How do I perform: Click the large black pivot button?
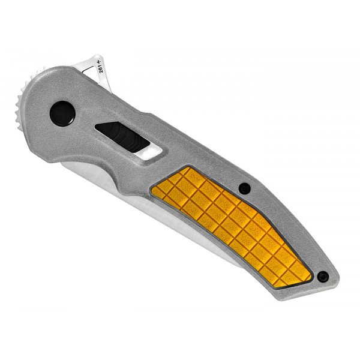62,113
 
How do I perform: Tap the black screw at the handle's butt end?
323,277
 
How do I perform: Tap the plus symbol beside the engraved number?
103,61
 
